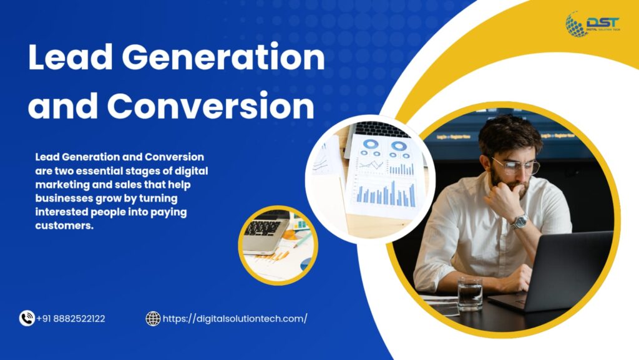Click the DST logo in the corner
(x=593, y=24)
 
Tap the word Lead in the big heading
(x=70, y=57)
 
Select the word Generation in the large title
(x=223, y=57)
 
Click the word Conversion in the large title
(x=211, y=105)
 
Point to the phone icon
(x=27, y=318)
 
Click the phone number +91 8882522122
(x=71, y=318)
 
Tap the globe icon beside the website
(x=154, y=318)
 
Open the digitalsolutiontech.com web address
(x=235, y=318)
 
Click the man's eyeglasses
(x=516, y=166)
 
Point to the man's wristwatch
(x=520, y=221)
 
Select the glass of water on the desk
(x=470, y=293)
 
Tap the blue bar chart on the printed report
(x=386, y=194)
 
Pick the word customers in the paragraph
(x=64, y=226)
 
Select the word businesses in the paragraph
(x=64, y=198)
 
